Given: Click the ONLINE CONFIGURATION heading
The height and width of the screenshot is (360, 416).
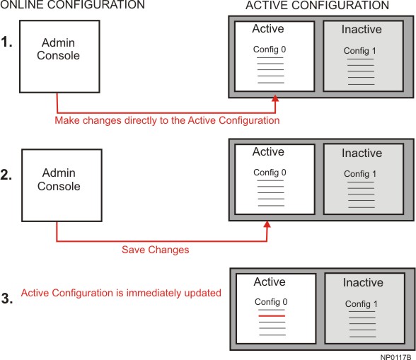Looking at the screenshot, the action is pos(72,4).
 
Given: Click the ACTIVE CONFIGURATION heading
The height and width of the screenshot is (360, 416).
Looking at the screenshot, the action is pos(317,6).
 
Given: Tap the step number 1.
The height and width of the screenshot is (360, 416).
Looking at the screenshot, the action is pos(6,42).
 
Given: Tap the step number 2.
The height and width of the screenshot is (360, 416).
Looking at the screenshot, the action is pos(6,175).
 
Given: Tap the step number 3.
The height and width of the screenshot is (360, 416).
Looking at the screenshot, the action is pos(7,298).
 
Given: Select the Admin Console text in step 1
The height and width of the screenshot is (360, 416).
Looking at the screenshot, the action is pos(58,49).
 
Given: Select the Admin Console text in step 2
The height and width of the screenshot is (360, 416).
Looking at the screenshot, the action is pos(59,180).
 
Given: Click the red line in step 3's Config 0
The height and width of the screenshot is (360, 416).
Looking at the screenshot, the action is pos(272,316).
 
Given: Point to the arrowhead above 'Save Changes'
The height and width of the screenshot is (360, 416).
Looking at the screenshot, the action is pos(267,224).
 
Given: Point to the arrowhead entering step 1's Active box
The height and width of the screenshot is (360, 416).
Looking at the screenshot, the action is pos(275,98).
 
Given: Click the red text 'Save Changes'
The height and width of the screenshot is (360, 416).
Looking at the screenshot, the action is pos(156,250).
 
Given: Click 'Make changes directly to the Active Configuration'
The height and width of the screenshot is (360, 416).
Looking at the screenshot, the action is pos(167,120).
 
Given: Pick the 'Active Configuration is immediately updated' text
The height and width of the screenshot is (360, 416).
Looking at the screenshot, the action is pos(121,293).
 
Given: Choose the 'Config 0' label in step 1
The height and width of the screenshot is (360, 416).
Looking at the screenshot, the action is pos(270,50).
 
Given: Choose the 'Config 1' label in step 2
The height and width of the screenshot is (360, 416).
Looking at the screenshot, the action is pos(360,174).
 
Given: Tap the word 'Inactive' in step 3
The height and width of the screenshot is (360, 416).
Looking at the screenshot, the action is pos(363,282).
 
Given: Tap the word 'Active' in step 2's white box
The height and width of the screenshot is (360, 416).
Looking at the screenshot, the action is pos(268,152).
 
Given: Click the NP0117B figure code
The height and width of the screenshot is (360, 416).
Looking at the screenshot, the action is pos(395,357).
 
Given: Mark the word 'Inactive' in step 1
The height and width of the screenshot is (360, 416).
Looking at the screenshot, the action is pos(362,29).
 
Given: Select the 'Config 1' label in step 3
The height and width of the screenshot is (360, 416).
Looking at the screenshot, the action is pos(362,304).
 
